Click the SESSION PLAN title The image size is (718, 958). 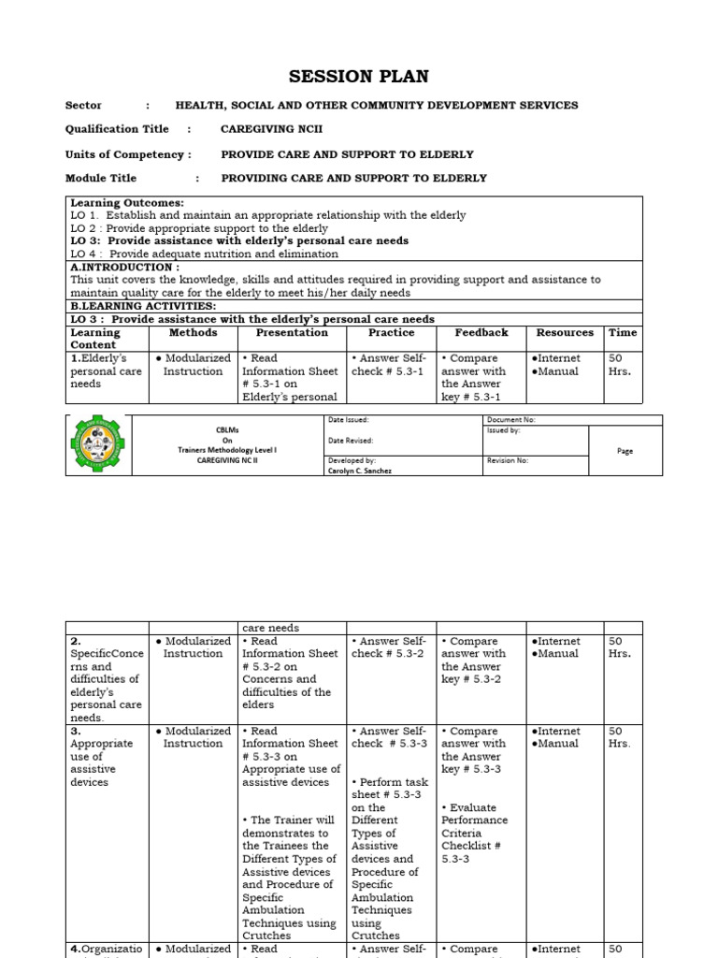[x=359, y=77]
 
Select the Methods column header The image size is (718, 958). [x=193, y=332]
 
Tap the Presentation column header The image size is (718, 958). [x=292, y=332]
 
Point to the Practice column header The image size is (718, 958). [x=391, y=332]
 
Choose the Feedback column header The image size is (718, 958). [x=481, y=332]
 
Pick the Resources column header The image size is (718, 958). [x=565, y=332]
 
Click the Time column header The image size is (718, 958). [x=623, y=332]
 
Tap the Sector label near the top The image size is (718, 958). [x=83, y=105]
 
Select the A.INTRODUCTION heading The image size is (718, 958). [x=124, y=267]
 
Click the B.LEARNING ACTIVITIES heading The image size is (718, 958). [x=143, y=306]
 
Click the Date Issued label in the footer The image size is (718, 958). [x=349, y=420]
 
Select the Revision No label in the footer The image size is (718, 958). [x=508, y=460]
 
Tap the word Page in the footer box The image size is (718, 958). [x=625, y=451]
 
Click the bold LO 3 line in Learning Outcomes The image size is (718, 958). [x=239, y=240]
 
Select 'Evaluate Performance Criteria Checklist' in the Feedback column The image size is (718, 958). [x=476, y=826]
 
